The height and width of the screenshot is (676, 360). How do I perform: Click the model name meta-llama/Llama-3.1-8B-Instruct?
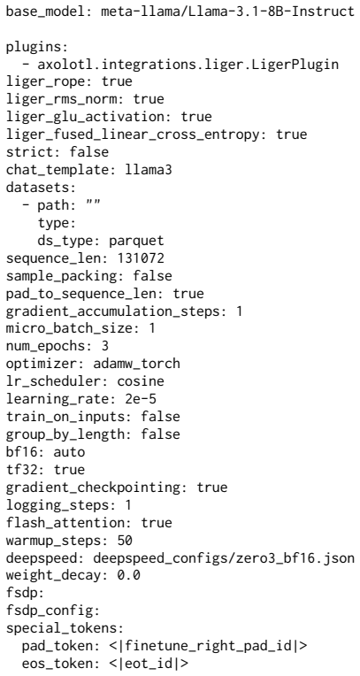[227, 11]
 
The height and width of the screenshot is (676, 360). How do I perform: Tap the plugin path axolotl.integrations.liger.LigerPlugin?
[188, 65]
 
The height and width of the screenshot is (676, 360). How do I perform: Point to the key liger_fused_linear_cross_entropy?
[134, 134]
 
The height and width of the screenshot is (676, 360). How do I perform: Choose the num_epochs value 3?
[104, 346]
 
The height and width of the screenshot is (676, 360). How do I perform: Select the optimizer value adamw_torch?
[136, 364]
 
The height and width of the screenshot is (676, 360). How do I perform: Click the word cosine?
[141, 381]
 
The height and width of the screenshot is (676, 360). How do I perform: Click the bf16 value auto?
[69, 452]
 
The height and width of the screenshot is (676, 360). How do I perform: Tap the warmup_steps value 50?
[125, 540]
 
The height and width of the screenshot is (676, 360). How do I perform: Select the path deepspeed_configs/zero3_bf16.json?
[224, 557]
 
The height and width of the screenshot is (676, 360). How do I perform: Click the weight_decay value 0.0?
[128, 575]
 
